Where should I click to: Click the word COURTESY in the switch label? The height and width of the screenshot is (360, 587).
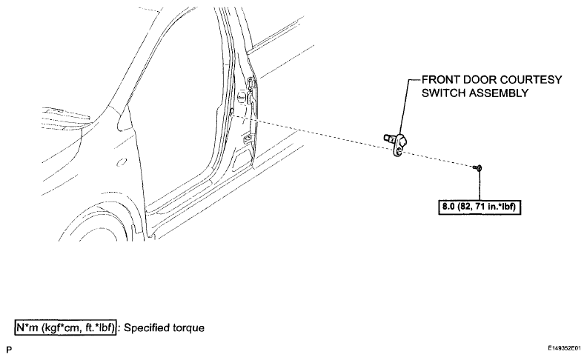[531, 80]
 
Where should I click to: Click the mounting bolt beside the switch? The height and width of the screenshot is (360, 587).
[477, 168]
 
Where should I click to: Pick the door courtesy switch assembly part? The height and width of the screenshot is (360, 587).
[397, 143]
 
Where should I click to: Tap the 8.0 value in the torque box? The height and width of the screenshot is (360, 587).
[448, 206]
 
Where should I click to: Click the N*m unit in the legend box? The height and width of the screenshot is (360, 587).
[27, 328]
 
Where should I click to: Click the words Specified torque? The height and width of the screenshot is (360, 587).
[164, 328]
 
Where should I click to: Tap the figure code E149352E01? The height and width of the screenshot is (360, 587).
[565, 348]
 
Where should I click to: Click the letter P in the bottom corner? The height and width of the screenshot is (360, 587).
[9, 350]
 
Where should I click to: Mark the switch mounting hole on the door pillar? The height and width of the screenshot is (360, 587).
[232, 111]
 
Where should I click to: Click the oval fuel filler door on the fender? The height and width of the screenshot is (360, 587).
[122, 162]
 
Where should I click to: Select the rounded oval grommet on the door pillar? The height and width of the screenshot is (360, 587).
[241, 97]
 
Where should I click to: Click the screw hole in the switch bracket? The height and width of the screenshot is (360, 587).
[399, 150]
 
